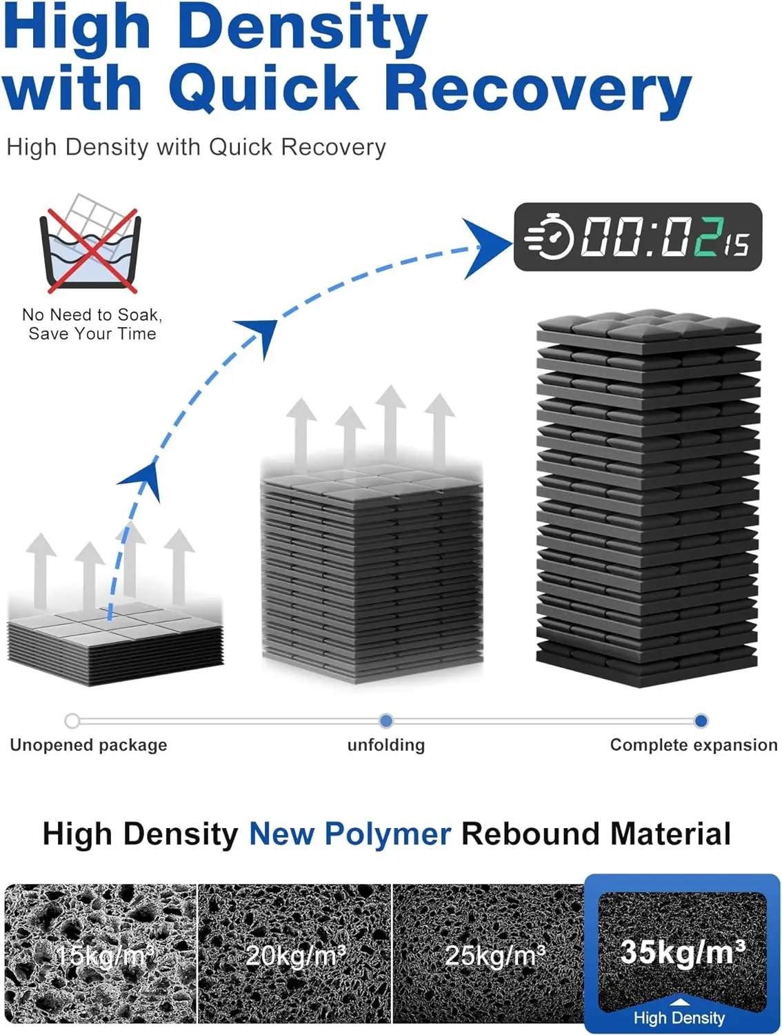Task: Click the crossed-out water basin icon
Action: (90, 245)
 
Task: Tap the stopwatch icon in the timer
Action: (550, 237)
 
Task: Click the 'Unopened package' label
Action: (88, 745)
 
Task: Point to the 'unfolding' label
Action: (386, 745)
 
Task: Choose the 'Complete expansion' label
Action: (693, 745)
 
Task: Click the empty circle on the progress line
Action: (72, 721)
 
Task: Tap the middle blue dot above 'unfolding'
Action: (386, 721)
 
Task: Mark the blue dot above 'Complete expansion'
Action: (701, 721)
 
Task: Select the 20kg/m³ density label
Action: (295, 956)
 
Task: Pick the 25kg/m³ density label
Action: (494, 956)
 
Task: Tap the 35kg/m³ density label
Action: (683, 952)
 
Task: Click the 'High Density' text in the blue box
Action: (679, 1018)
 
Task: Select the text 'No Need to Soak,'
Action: (92, 315)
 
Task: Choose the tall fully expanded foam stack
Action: (648, 497)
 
